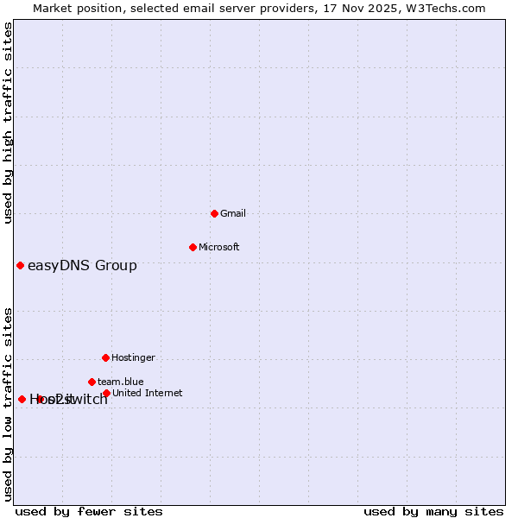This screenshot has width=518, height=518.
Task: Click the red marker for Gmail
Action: (214, 213)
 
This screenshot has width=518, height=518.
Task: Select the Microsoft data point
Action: (193, 247)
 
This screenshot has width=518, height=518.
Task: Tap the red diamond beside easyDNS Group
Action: (20, 265)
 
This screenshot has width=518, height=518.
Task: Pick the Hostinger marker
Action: (105, 357)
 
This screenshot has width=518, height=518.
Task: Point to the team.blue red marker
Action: (92, 382)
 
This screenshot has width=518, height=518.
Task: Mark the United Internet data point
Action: (106, 393)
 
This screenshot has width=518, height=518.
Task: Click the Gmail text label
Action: (233, 213)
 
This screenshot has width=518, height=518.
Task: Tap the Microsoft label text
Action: (219, 247)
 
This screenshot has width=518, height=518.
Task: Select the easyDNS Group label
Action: (82, 265)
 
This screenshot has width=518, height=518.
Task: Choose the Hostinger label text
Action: (133, 357)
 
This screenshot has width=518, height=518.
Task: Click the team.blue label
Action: (120, 382)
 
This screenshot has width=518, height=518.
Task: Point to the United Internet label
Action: (147, 393)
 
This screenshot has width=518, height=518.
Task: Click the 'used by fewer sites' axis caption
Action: (89, 511)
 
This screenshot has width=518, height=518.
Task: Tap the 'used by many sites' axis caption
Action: (433, 511)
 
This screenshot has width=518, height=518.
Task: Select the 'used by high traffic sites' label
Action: (8, 123)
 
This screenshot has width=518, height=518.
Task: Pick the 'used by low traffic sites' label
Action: (8, 403)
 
